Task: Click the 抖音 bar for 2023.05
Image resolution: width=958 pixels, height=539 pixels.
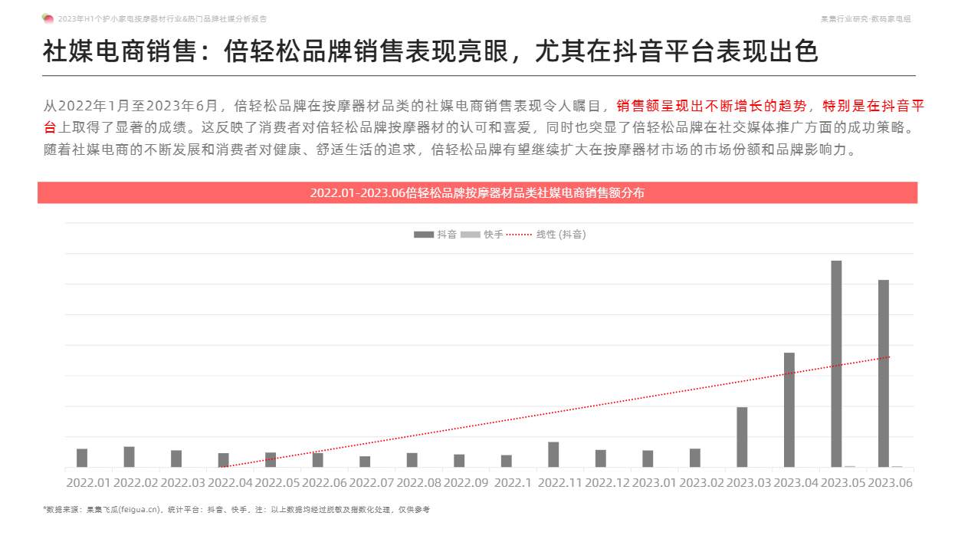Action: pyautogui.click(x=836, y=363)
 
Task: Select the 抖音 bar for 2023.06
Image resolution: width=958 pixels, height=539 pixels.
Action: pyautogui.click(x=884, y=373)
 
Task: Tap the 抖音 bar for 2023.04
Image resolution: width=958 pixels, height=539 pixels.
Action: pyautogui.click(x=789, y=409)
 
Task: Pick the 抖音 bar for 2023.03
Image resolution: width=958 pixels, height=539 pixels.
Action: pyautogui.click(x=742, y=437)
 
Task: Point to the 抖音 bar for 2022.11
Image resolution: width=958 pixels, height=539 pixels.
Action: pyautogui.click(x=553, y=455)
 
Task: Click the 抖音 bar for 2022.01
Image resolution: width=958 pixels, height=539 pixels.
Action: pyautogui.click(x=82, y=458)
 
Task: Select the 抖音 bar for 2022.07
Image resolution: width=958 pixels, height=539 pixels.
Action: pyautogui.click(x=365, y=462)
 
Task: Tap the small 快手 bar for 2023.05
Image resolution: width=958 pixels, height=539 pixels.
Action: pyautogui.click(x=850, y=466)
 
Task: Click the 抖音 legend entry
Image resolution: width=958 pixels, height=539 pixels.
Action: pyautogui.click(x=436, y=235)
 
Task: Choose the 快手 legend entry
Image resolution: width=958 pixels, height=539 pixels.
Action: pyautogui.click(x=483, y=235)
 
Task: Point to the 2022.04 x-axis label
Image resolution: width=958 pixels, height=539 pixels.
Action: pyautogui.click(x=230, y=483)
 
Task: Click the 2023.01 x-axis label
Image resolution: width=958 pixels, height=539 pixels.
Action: pyautogui.click(x=654, y=483)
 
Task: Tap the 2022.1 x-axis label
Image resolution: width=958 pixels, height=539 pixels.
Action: pyautogui.click(x=513, y=483)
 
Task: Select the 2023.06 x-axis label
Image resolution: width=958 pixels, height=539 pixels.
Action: pyautogui.click(x=890, y=483)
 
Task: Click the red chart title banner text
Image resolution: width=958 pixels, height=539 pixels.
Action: pyautogui.click(x=477, y=193)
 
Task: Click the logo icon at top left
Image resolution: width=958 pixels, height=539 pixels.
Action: pyautogui.click(x=48, y=18)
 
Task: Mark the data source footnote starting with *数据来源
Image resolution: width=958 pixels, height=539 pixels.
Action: pyautogui.click(x=236, y=509)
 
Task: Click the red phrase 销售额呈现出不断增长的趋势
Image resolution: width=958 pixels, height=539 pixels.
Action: pyautogui.click(x=711, y=106)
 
